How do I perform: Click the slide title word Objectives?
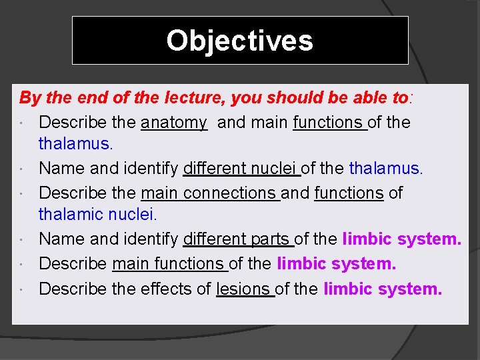[239, 40]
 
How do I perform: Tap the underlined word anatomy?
[174, 123]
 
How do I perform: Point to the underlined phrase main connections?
[209, 193]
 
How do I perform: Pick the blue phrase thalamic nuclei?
[97, 215]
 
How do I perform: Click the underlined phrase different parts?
[237, 239]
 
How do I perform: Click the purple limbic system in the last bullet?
[382, 289]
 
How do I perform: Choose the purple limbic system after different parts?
[401, 239]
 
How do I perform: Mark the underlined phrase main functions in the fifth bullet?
[169, 264]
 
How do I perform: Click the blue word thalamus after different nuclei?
[385, 169]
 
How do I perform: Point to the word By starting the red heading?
[30, 99]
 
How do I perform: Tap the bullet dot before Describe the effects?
[23, 290]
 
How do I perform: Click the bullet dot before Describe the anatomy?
[23, 123]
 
